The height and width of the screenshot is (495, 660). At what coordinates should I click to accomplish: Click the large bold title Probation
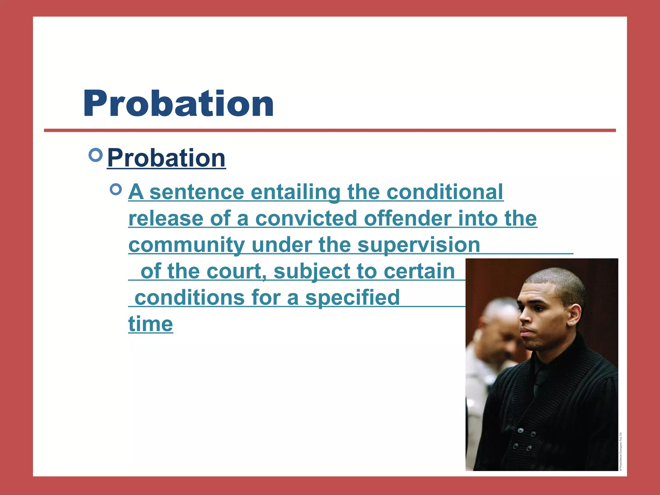[179, 104]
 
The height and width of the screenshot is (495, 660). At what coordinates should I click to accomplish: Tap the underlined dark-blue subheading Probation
[166, 158]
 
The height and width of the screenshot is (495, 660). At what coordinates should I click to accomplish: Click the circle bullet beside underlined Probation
[95, 155]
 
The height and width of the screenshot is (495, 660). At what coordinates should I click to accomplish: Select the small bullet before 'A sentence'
[116, 189]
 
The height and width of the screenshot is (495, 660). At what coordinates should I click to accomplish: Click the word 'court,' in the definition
[236, 271]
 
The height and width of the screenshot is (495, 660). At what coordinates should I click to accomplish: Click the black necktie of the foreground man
[539, 383]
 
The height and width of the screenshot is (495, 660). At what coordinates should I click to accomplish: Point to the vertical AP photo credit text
[621, 451]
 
